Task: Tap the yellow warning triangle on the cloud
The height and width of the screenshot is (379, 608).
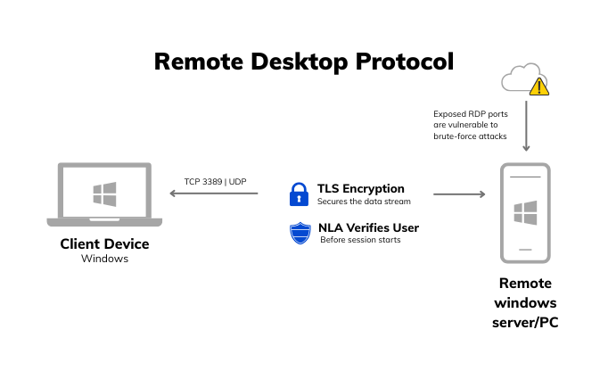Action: tap(538, 87)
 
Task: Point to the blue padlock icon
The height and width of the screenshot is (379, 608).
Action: tap(299, 194)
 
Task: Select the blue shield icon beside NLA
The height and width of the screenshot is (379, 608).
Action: tap(300, 233)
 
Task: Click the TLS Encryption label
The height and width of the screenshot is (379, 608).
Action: tap(360, 188)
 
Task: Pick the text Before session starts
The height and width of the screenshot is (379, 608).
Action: tap(360, 240)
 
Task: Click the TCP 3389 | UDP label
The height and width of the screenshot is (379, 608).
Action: tap(215, 181)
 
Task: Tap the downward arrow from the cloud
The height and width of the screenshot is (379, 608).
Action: tap(526, 126)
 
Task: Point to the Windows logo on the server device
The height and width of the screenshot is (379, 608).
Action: tap(525, 213)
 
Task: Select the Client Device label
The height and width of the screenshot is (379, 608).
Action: tap(104, 243)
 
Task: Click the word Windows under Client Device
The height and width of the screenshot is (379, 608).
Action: tap(104, 259)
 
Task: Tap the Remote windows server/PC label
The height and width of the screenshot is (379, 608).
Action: tap(525, 302)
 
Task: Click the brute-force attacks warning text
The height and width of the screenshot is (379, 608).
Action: tap(470, 125)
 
